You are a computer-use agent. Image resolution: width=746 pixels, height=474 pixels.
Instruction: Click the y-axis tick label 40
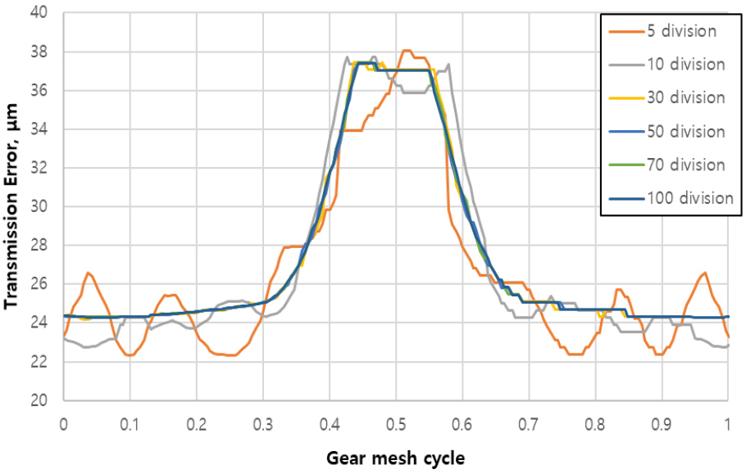tap(39, 13)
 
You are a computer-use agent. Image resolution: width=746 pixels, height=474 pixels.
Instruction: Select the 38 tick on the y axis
tap(39, 52)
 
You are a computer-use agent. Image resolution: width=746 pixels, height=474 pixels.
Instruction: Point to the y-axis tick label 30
tap(39, 207)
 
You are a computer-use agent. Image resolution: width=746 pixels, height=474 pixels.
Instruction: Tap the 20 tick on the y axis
tap(39, 400)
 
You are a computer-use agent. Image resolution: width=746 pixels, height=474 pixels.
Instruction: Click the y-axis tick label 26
tap(39, 284)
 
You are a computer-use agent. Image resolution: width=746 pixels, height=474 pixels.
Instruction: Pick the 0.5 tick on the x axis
tap(396, 426)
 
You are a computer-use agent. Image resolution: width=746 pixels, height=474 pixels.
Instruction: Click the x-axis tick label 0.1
tap(130, 426)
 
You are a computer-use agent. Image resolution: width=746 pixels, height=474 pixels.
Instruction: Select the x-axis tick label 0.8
tap(595, 426)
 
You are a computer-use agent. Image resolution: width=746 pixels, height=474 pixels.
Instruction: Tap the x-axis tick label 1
tap(728, 426)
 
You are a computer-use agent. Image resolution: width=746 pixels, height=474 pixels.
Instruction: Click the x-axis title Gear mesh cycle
tap(395, 457)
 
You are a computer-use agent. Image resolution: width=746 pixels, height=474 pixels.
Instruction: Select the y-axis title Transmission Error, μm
tap(11, 206)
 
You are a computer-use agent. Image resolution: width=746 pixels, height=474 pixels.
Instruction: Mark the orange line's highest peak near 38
tap(407, 51)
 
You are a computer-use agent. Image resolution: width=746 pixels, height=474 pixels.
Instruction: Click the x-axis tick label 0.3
tap(262, 426)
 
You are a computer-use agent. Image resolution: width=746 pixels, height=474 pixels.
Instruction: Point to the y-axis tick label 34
tap(39, 129)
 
